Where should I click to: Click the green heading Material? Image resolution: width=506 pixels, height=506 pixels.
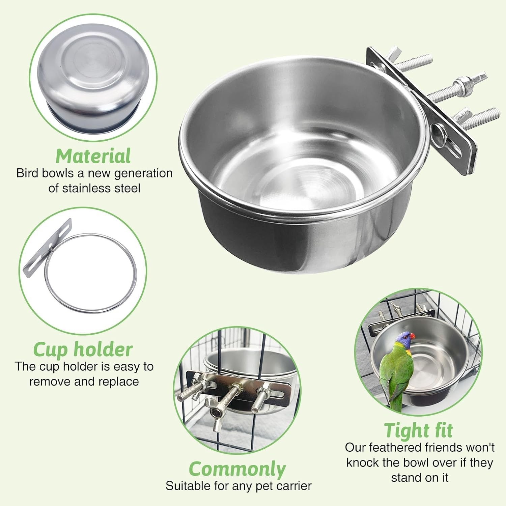pos(93,156)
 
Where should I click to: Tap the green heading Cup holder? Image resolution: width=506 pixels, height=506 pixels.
pos(83,349)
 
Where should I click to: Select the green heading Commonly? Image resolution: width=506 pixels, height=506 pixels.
pos(237,469)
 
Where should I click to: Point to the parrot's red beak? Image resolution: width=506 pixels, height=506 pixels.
pos(412,336)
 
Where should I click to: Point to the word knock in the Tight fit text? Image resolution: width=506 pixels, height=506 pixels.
pos(363,462)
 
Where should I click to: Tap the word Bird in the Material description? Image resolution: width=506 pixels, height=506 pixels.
pos(27,173)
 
